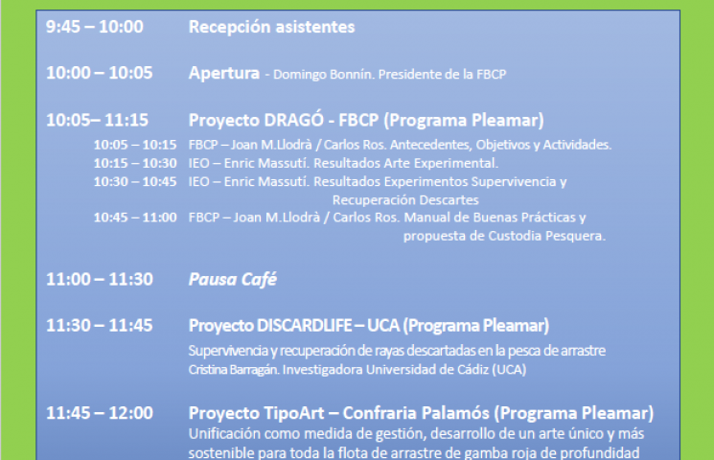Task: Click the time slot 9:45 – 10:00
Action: click(95, 27)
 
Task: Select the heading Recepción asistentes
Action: click(272, 28)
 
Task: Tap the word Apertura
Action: click(224, 74)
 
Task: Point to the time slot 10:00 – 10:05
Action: click(100, 73)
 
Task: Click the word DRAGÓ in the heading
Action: click(293, 120)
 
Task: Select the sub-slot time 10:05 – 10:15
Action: click(135, 145)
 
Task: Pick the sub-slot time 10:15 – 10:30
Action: click(135, 163)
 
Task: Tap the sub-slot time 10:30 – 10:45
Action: click(135, 182)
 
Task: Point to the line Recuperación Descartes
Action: click(405, 200)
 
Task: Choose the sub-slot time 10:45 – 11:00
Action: click(135, 218)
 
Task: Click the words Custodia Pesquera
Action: click(546, 236)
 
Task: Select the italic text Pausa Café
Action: click(233, 280)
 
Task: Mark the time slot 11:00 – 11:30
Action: click(100, 279)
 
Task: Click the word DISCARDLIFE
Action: click(304, 326)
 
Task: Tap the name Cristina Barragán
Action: click(234, 369)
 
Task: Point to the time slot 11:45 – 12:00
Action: click(100, 413)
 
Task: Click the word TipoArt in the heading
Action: click(293, 413)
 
